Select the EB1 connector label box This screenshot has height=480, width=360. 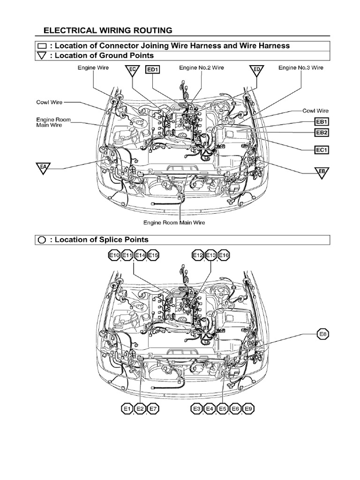[x=322, y=122]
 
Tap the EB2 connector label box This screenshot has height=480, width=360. [x=322, y=133]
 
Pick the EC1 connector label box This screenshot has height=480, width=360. [x=322, y=150]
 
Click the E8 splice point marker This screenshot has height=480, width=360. [x=323, y=335]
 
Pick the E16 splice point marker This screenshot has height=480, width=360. [x=224, y=255]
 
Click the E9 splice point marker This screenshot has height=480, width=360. [x=248, y=409]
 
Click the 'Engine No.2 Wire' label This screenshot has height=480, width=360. [x=202, y=68]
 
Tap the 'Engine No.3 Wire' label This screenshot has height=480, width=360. [x=301, y=68]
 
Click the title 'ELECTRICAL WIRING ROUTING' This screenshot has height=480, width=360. [x=108, y=30]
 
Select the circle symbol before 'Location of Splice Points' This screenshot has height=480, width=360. [x=42, y=240]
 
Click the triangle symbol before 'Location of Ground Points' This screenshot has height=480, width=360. [x=42, y=56]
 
